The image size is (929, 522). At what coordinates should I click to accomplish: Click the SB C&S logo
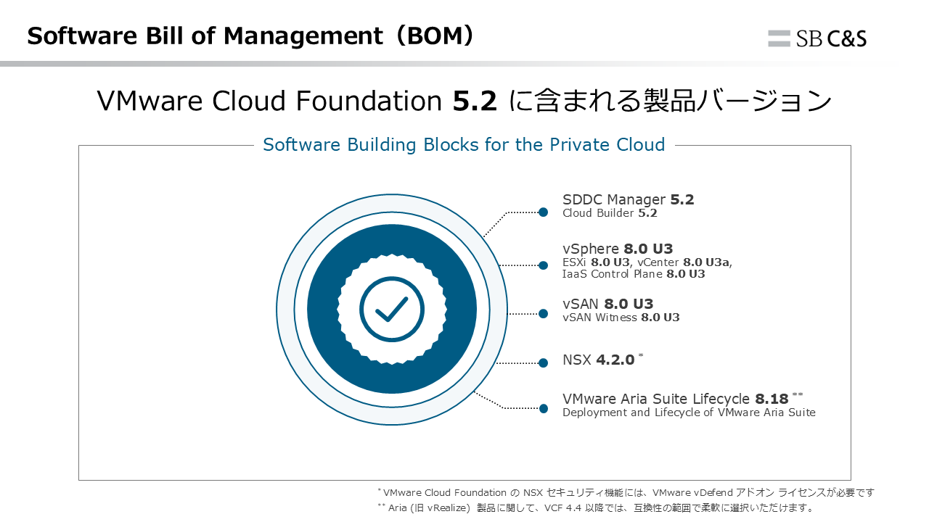click(817, 38)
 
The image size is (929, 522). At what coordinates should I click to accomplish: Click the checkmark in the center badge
click(391, 309)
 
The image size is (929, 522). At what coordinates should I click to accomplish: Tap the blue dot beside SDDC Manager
click(544, 212)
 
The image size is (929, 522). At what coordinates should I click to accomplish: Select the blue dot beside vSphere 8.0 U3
click(544, 265)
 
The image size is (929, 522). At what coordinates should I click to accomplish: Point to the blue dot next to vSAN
click(544, 314)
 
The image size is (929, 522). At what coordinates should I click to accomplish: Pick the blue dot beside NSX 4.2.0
click(544, 363)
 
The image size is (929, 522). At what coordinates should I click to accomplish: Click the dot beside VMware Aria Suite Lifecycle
click(544, 408)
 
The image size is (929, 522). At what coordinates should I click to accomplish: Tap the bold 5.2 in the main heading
click(475, 101)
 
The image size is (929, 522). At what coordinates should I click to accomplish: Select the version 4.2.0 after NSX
click(615, 360)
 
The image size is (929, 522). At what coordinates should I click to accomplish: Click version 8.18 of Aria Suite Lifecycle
click(772, 399)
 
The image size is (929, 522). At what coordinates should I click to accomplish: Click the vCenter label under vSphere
click(658, 262)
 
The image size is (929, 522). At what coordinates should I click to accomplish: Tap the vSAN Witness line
click(621, 318)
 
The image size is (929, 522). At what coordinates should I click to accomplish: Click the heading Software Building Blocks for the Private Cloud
click(464, 144)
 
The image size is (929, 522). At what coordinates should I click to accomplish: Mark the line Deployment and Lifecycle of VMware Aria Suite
click(689, 413)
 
